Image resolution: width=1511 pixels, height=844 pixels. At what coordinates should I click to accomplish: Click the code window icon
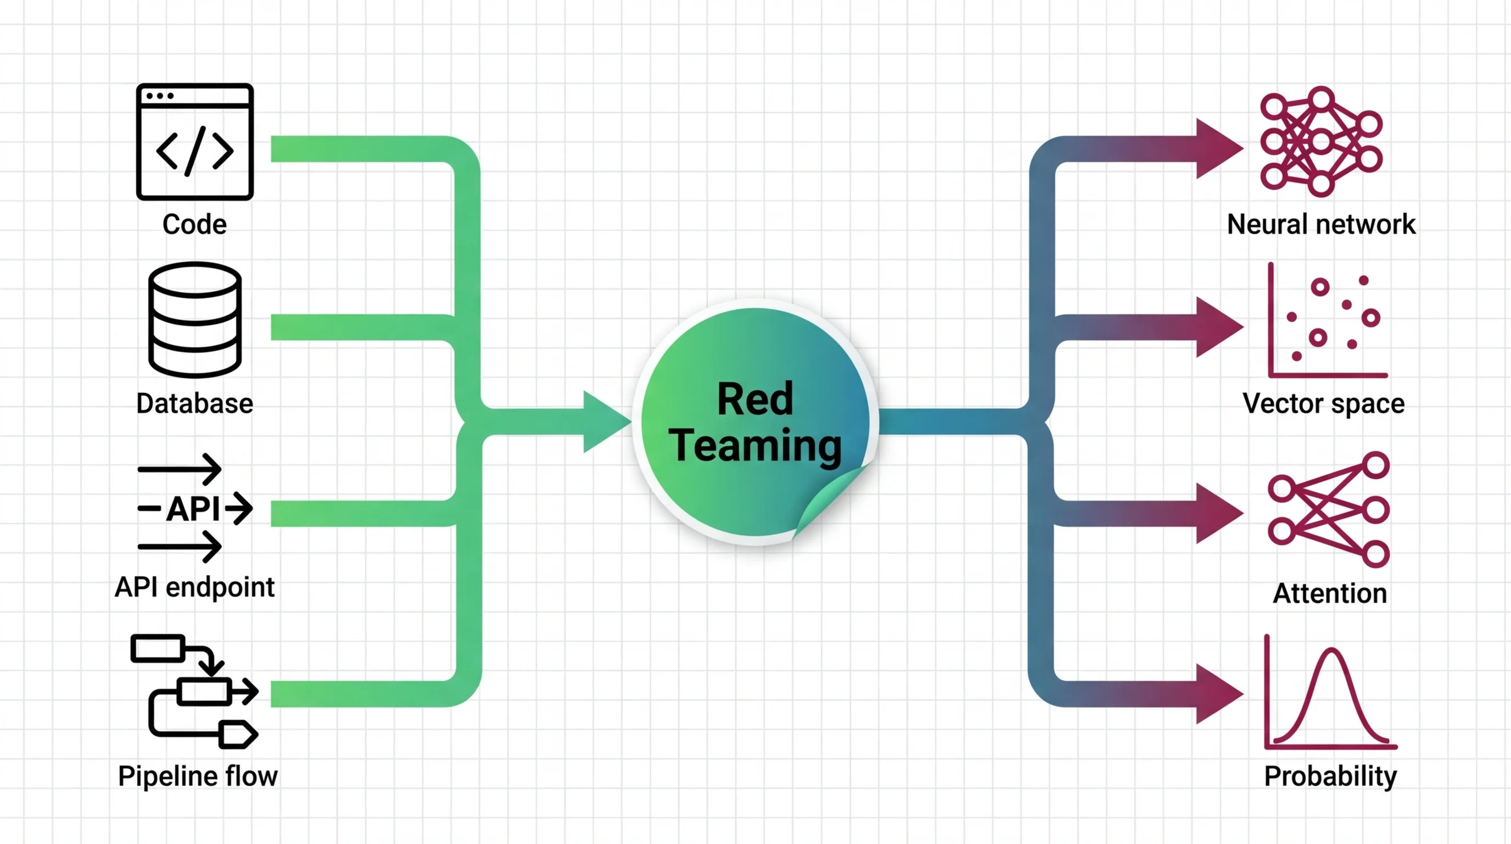tap(195, 141)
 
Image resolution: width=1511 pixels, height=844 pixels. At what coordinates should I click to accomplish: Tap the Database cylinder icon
tap(195, 320)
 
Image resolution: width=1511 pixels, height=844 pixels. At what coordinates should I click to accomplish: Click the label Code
tap(194, 224)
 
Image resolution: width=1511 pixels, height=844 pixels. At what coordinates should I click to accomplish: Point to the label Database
tap(194, 404)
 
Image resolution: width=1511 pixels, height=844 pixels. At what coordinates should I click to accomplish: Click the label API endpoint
tap(194, 587)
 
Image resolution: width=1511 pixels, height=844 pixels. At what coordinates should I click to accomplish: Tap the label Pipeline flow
tap(198, 776)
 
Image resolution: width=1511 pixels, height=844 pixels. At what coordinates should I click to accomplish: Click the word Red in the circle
tap(755, 399)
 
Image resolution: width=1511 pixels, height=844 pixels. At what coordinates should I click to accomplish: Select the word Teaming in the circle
tap(755, 446)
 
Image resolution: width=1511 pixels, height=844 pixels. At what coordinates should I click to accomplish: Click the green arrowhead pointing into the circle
tap(604, 422)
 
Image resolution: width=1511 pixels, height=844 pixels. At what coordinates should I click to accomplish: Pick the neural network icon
tap(1321, 141)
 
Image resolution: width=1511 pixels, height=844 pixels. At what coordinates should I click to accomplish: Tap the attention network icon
tap(1329, 509)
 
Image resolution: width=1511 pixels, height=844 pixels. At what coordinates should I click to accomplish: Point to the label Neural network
tap(1321, 224)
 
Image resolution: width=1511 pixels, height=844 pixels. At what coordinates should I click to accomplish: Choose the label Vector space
tap(1323, 404)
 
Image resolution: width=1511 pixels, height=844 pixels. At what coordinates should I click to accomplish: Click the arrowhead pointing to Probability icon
tap(1217, 694)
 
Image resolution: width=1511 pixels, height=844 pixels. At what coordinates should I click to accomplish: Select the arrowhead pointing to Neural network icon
tap(1217, 148)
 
